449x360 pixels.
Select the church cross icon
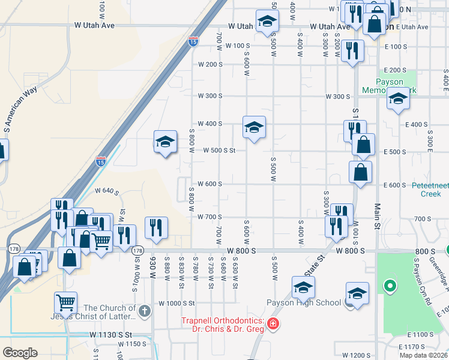pyautogui.click(x=144, y=311)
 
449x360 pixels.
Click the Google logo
pyautogui.click(x=20, y=352)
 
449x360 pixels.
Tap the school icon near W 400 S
pyautogui.click(x=254, y=127)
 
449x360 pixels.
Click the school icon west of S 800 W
pyautogui.click(x=165, y=142)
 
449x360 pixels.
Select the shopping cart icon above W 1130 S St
pyautogui.click(x=65, y=302)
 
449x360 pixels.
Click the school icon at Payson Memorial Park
pyautogui.click(x=397, y=99)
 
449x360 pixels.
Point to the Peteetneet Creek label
pyautogui.click(x=430, y=189)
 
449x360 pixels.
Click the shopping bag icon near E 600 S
pyautogui.click(x=360, y=172)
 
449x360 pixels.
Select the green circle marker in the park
pyautogui.click(x=391, y=286)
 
